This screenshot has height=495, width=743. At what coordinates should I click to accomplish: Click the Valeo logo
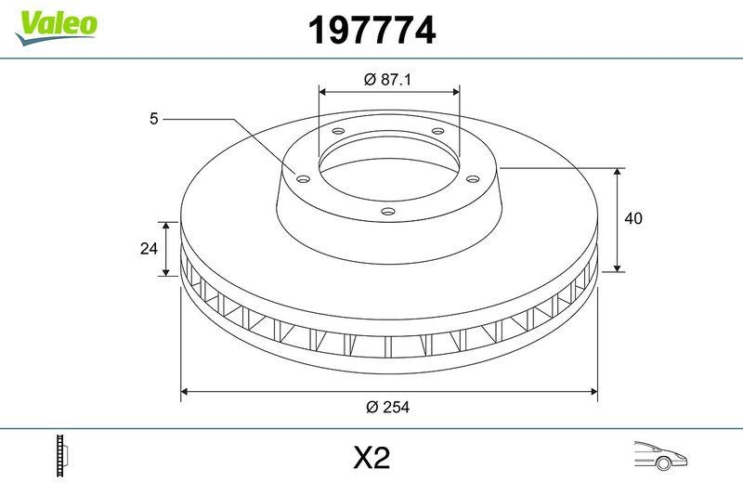[x=56, y=28]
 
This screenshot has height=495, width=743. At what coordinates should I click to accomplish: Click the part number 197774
[x=371, y=31]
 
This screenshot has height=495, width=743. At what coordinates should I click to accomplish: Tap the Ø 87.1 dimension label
[x=387, y=79]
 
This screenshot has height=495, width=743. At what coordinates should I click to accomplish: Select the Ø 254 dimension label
[x=387, y=407]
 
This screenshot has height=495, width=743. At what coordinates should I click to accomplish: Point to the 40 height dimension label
[x=633, y=218]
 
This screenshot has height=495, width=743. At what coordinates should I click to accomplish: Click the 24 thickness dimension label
[x=149, y=248]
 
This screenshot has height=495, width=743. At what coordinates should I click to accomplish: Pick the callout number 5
[x=153, y=119]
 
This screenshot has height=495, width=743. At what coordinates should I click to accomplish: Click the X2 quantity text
[x=371, y=458]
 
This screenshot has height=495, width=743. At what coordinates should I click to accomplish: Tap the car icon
[x=660, y=455]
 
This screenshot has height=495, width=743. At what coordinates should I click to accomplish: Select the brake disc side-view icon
[x=61, y=455]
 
